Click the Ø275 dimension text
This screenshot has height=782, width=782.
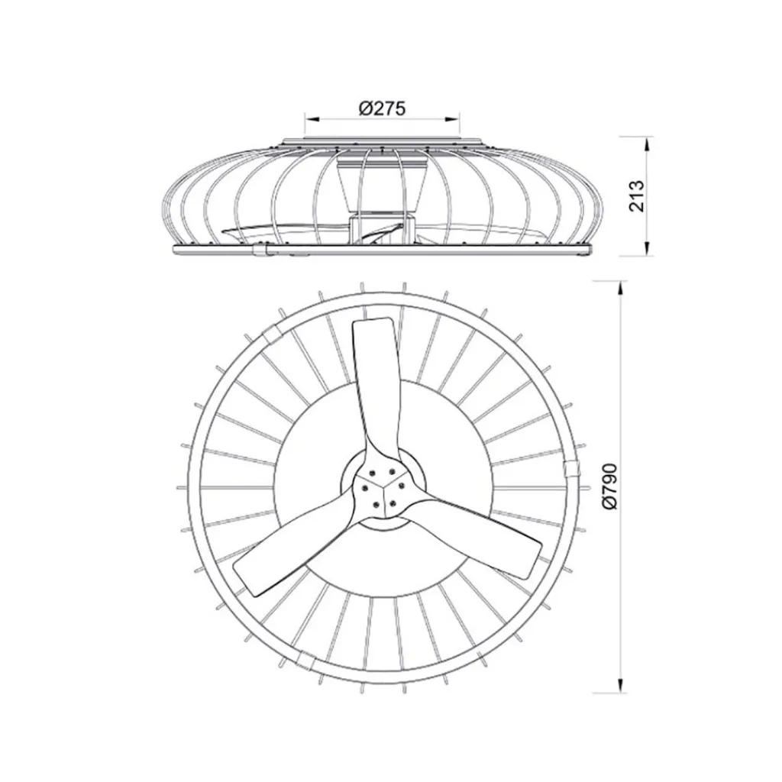coord(382,108)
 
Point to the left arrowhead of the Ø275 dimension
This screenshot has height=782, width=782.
coord(309,118)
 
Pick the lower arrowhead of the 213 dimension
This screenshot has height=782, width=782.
coord(648,251)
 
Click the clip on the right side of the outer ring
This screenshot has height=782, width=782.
coord(569,470)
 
